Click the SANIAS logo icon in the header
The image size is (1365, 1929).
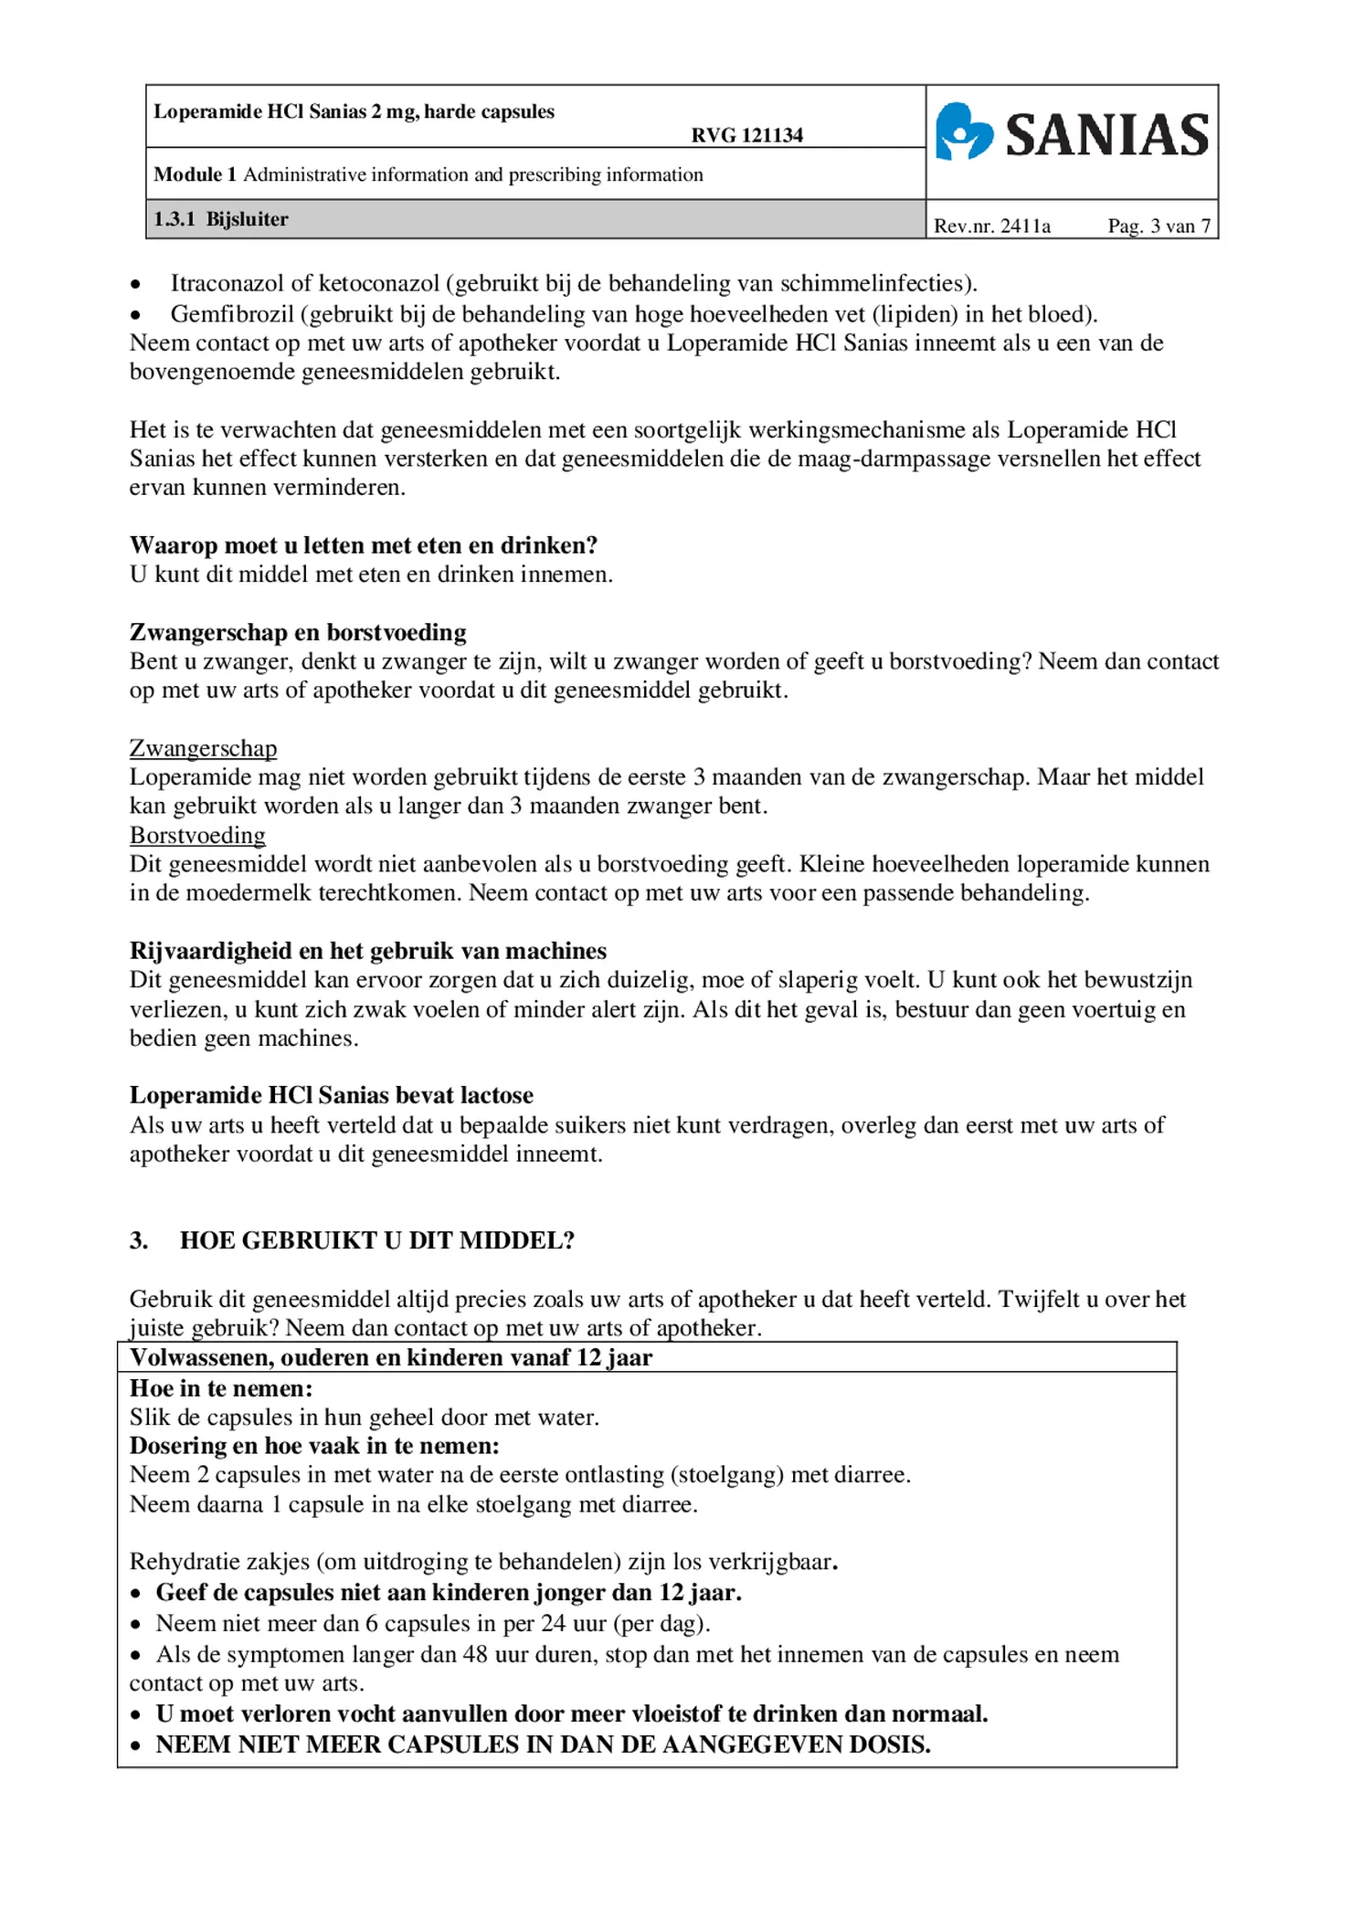964,132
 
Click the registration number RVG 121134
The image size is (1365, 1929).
746,135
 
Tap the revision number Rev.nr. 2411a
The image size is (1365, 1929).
991,226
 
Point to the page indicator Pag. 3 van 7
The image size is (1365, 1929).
1159,226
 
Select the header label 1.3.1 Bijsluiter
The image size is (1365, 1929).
221,219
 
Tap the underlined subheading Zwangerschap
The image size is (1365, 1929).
203,748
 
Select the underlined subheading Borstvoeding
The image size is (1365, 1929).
197,835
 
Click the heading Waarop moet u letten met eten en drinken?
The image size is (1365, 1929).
364,545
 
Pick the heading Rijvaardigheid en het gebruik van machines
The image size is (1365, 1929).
367,951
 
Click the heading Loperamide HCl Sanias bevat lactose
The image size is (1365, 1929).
331,1095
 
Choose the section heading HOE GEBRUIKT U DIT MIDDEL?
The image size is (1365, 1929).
376,1240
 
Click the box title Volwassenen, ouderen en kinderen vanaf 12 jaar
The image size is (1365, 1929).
390,1357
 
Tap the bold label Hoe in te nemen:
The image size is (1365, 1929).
221,1388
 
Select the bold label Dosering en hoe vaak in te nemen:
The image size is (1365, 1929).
314,1446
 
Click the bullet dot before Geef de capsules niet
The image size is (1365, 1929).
136,1594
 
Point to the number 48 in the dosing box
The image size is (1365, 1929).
474,1654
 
